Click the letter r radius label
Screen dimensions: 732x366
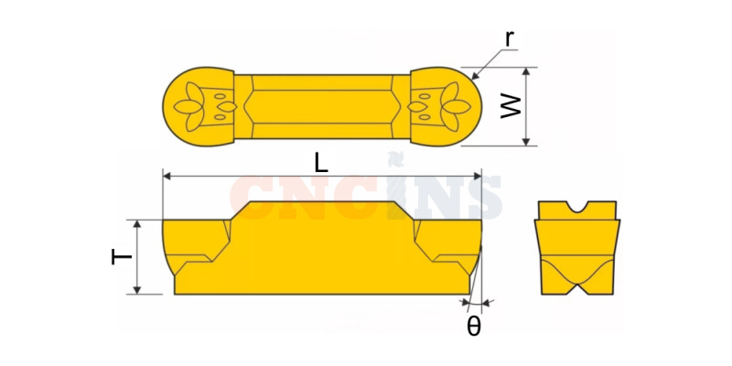[x=511, y=40]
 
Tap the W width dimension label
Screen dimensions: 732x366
[x=511, y=106]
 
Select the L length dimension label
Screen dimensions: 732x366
[x=321, y=164]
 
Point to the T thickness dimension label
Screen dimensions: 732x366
[x=122, y=256]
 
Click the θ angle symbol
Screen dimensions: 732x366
[x=473, y=328]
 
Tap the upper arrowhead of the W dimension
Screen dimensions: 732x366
[x=526, y=71]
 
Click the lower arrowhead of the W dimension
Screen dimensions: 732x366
[x=526, y=142]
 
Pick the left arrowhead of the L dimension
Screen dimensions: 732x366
[x=167, y=176]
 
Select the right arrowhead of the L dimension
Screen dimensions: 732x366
[x=477, y=176]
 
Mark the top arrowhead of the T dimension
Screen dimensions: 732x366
[x=136, y=224]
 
